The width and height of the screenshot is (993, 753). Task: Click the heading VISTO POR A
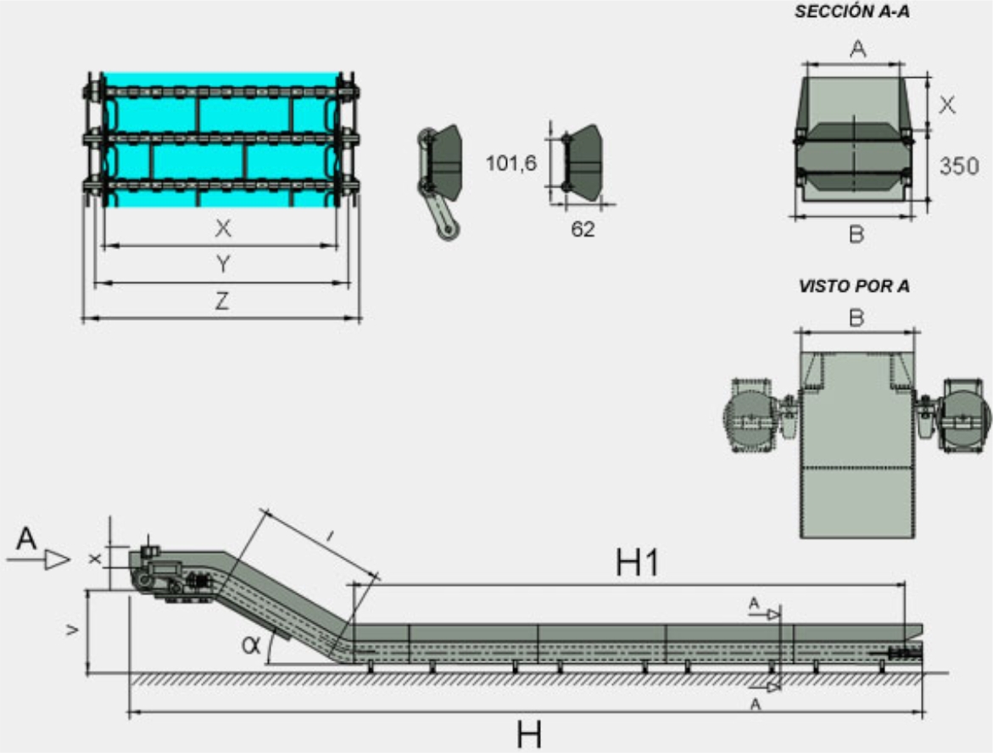point(854,286)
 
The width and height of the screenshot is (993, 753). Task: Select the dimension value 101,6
point(510,163)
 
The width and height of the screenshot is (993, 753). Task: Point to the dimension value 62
point(583,229)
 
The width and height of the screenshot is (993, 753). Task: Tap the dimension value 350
point(959,166)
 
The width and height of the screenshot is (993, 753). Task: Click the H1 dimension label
point(637,563)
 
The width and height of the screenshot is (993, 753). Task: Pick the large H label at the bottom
point(529,734)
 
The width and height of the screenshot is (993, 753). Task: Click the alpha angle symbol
point(250,644)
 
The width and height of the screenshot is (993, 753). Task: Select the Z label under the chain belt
point(221,301)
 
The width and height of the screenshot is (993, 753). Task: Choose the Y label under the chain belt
point(222,265)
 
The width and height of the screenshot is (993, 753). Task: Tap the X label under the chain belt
point(222,228)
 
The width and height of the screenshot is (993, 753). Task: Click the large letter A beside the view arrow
point(25,539)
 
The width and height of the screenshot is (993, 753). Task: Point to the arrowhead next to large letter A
point(58,559)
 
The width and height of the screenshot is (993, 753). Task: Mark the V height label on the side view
point(73,629)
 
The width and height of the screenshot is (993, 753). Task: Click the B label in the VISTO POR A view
point(857,318)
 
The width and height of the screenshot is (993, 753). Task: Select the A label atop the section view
point(858,50)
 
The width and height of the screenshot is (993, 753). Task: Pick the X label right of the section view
point(949,104)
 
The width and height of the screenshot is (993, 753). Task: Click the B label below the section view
point(856,235)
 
